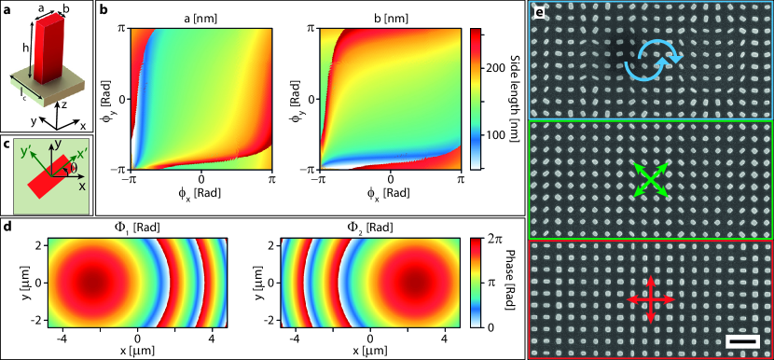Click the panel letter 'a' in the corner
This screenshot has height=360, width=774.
tap(8, 9)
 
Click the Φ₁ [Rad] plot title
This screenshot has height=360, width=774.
tap(138, 227)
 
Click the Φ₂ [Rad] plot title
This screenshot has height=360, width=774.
tap(369, 227)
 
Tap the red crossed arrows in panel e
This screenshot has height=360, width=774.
tap(650, 299)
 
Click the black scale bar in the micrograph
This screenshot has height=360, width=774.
tap(742, 342)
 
